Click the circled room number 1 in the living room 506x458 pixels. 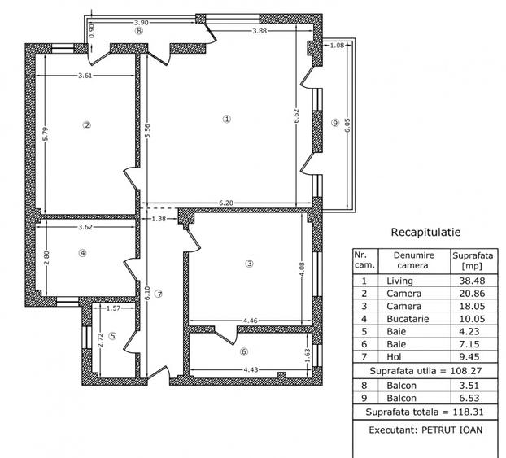227,119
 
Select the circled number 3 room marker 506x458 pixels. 250,263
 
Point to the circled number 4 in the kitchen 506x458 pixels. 81,253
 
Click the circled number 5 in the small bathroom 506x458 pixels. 113,335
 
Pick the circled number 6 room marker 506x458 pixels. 244,351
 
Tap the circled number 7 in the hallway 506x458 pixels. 159,294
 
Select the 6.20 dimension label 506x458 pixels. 228,202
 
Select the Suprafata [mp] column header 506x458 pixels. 470,260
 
